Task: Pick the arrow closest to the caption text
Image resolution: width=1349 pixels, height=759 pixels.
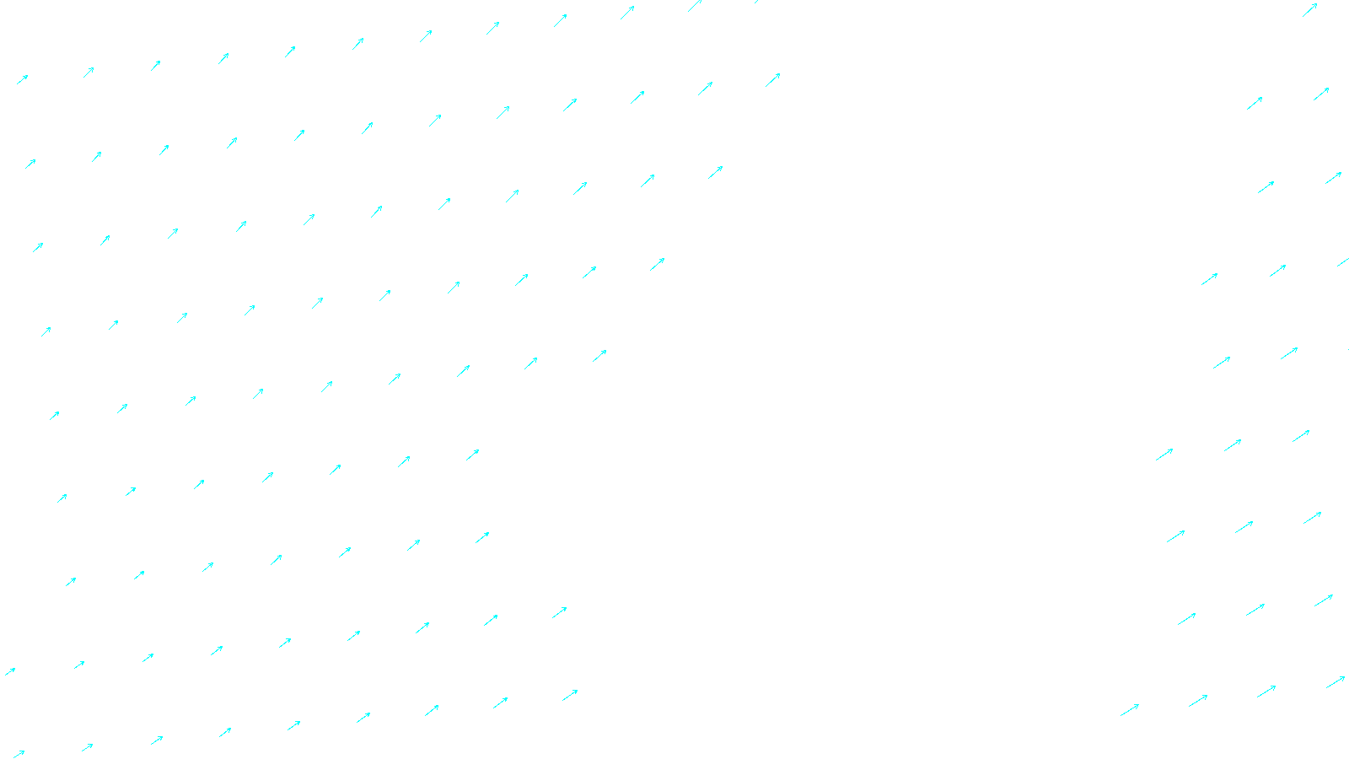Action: pos(570,695)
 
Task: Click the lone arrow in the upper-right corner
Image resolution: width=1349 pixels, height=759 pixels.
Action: pos(1309,10)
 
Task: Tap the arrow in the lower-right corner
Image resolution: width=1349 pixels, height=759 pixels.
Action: pos(1335,681)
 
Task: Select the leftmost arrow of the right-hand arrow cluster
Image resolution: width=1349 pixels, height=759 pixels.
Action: pos(1130,710)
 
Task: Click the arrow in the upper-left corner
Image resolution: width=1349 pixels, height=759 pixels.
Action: pos(23,79)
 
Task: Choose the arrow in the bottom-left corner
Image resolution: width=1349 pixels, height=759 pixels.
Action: pos(18,754)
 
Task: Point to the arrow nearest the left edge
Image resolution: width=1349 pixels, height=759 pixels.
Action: pos(10,671)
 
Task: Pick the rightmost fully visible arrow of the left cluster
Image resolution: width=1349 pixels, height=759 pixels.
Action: pos(772,80)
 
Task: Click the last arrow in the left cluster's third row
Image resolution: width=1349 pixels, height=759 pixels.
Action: pos(715,172)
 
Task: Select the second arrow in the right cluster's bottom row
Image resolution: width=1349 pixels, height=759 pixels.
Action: pos(1198,700)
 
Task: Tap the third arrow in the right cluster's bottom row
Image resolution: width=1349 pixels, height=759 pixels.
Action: pos(1266,692)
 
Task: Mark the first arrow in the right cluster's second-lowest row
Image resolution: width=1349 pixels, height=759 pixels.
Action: pos(1186,619)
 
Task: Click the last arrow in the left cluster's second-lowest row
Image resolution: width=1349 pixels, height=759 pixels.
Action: pos(559,612)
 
